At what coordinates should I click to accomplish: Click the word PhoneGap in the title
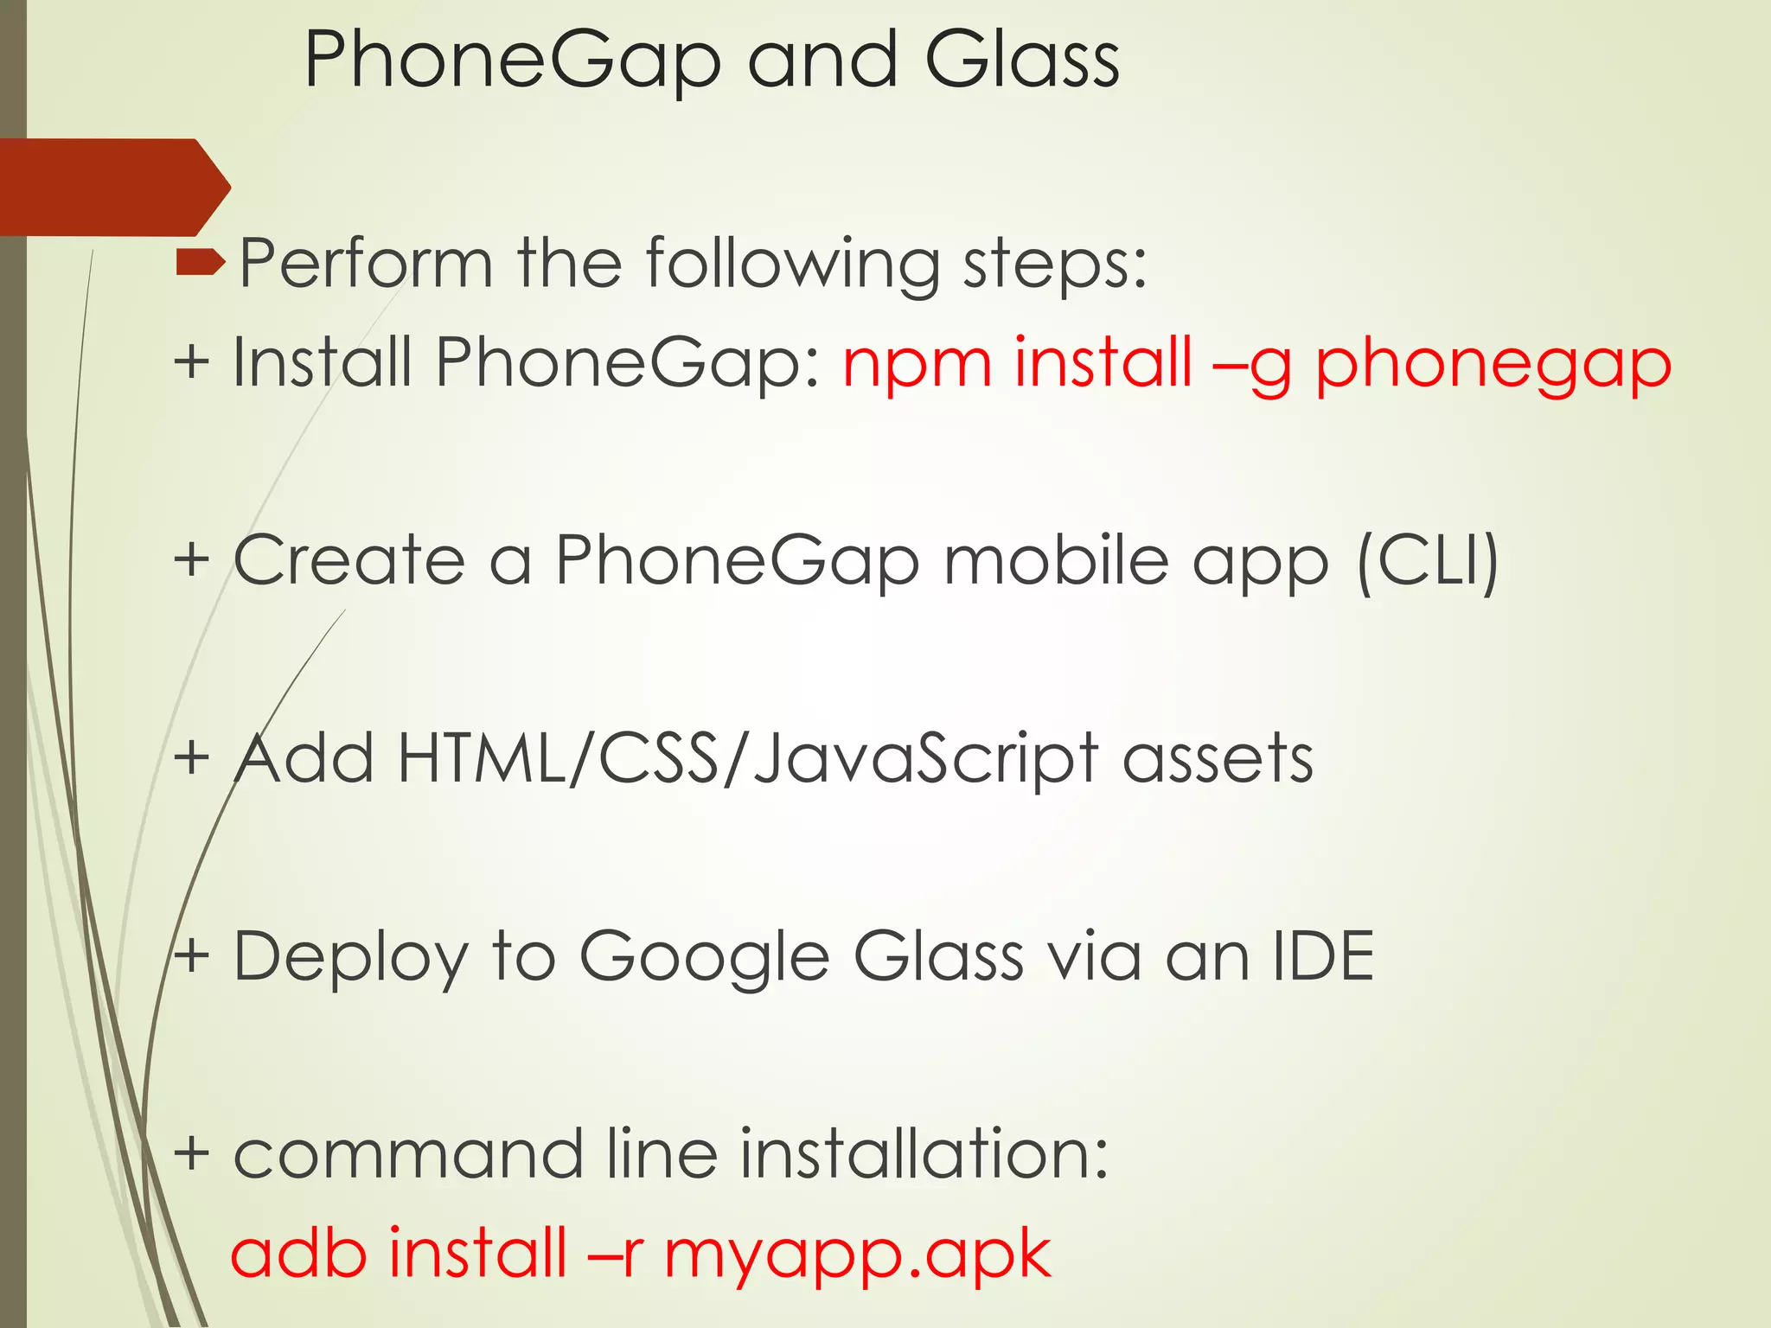(x=512, y=61)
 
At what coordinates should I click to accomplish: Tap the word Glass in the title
(x=1021, y=61)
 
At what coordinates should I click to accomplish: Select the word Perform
(x=366, y=263)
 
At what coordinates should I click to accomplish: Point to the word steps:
(x=1055, y=265)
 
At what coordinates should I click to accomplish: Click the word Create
(x=349, y=560)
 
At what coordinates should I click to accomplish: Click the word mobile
(x=1056, y=560)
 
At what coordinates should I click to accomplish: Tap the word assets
(x=1218, y=759)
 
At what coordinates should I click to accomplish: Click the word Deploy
(x=351, y=958)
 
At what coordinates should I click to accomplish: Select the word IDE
(x=1323, y=956)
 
